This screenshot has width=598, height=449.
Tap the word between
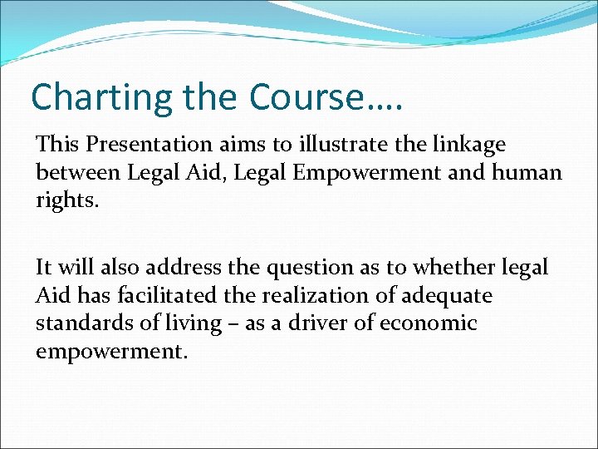coord(76,172)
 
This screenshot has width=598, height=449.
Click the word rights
coord(66,200)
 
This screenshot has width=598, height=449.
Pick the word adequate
coord(448,295)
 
